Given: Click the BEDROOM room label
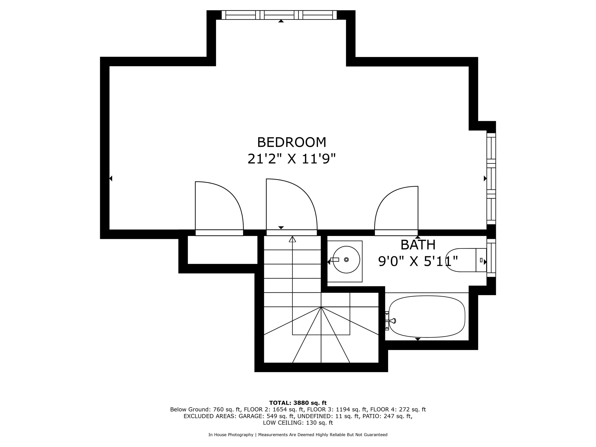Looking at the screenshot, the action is click(x=292, y=142).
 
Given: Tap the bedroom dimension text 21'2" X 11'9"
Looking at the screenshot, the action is click(x=292, y=159).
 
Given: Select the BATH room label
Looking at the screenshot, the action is click(x=418, y=245).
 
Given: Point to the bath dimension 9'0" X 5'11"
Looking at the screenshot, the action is click(x=418, y=261).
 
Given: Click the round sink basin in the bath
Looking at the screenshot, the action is click(x=346, y=259).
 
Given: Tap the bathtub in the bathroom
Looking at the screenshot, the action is click(x=427, y=316).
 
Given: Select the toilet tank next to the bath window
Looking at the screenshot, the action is click(x=481, y=260).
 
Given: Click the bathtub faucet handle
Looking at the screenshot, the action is click(x=392, y=321).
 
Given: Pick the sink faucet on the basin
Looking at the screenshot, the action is click(x=335, y=259).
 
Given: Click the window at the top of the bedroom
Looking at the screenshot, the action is click(x=279, y=15).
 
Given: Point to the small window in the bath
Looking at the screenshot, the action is click(x=491, y=258).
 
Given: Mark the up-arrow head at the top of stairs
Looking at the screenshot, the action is click(x=292, y=239).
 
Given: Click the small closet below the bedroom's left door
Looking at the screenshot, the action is click(x=223, y=250).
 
